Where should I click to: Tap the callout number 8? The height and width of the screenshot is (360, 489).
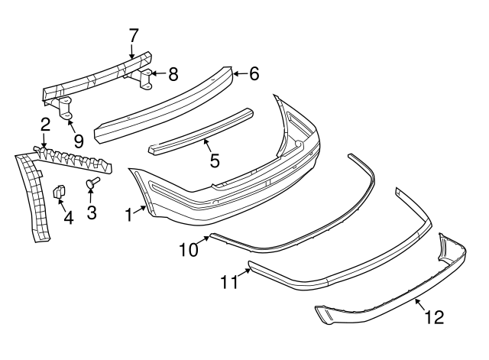(173, 74)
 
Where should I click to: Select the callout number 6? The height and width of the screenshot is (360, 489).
(254, 73)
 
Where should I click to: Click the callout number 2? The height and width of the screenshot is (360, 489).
(46, 125)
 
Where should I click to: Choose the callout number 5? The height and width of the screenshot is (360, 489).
(215, 161)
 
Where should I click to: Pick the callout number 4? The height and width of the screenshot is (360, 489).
(68, 219)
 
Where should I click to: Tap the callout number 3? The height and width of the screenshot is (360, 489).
(92, 212)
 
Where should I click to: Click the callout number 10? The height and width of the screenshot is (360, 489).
(188, 250)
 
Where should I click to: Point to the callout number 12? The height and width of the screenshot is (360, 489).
(433, 316)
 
